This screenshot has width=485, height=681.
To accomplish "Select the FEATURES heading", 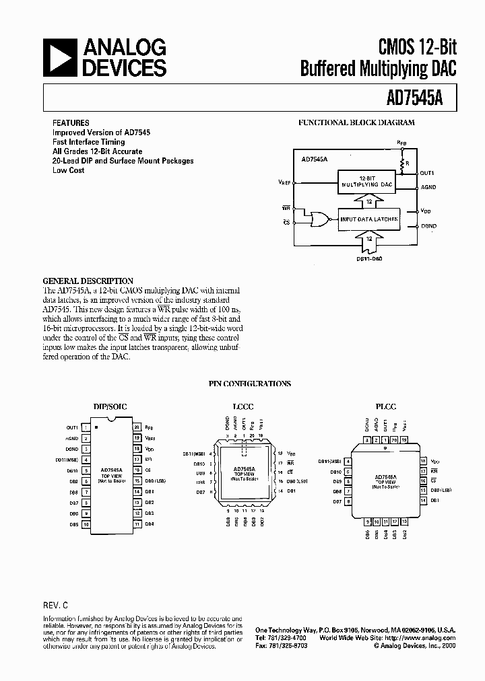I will click(x=71, y=123).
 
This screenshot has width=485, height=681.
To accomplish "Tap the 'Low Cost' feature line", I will click(x=68, y=170).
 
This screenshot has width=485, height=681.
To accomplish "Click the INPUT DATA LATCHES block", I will click(x=369, y=219).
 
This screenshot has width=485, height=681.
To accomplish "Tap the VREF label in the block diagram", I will click(x=285, y=182).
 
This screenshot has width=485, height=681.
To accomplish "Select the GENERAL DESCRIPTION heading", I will click(x=88, y=281).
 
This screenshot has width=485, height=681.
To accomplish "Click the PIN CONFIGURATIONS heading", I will click(x=249, y=384).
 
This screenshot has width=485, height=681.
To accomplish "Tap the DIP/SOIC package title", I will click(x=110, y=406).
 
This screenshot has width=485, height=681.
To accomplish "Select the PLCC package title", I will click(x=386, y=406).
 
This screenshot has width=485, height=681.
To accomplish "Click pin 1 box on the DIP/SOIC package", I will click(x=86, y=427).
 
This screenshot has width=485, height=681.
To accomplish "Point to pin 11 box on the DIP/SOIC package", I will click(x=137, y=524).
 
